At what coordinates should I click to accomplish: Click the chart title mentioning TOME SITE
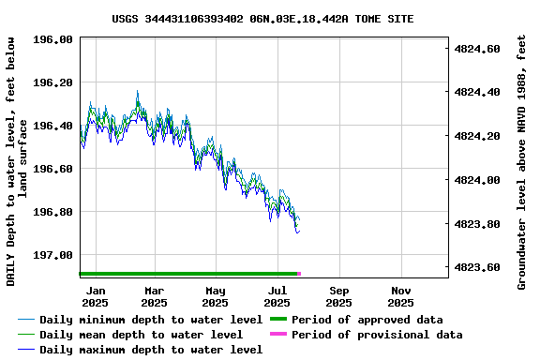coord(262,19)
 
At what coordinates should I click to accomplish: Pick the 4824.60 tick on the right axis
coord(477,48)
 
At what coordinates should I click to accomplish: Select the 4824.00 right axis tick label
coord(477,180)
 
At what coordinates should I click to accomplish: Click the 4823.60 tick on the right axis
coord(477,267)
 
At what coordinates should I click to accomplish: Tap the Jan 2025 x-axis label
coord(95,296)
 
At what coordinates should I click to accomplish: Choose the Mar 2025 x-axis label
coord(154,296)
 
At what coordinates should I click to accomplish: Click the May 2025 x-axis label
coord(216,296)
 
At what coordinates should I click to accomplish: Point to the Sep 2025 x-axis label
coord(338,296)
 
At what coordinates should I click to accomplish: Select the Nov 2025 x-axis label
coord(400,296)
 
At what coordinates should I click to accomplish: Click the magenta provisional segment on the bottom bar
coord(299,274)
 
